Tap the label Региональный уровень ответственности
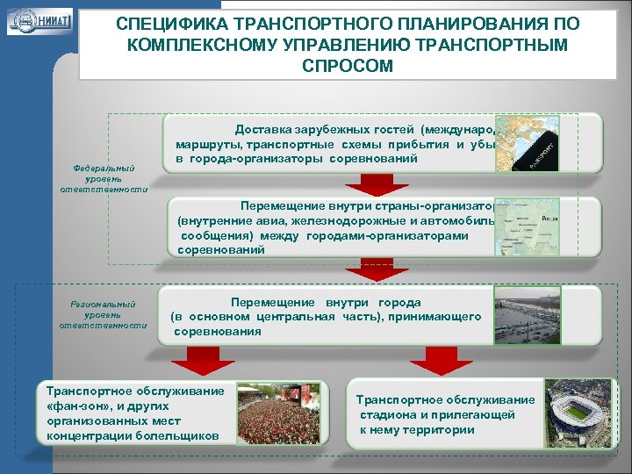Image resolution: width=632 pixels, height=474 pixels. point(104,314)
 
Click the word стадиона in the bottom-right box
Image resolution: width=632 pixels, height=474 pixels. point(386,415)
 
